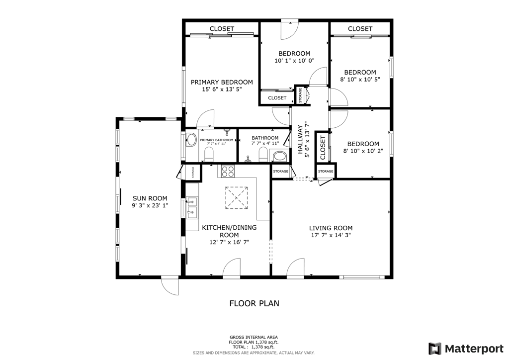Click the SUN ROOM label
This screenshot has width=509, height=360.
[150, 198]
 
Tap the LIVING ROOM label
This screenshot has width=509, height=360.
[331, 228]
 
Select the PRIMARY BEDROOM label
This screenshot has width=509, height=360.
[222, 82]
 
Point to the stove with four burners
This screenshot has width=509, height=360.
[228, 171]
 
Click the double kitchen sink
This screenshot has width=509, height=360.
[192, 207]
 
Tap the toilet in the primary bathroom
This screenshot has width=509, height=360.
[209, 155]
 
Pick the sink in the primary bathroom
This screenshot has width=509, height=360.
[191, 140]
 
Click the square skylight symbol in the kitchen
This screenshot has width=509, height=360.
[237, 198]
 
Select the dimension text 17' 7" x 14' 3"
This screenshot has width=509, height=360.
[331, 235]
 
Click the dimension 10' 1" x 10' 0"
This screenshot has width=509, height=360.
[294, 61]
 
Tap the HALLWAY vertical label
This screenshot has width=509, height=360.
[300, 139]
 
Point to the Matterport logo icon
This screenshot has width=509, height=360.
[434, 349]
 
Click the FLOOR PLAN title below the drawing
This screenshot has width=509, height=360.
[254, 303]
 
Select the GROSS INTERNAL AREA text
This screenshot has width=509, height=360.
[254, 337]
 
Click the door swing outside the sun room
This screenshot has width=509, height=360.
[170, 286]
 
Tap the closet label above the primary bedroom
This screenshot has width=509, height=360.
[222, 29]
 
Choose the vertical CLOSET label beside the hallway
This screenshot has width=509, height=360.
[323, 148]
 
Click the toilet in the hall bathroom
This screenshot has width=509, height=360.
[263, 155]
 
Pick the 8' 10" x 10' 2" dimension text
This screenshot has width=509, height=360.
[363, 151]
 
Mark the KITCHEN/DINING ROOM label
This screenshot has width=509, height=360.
[229, 231]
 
